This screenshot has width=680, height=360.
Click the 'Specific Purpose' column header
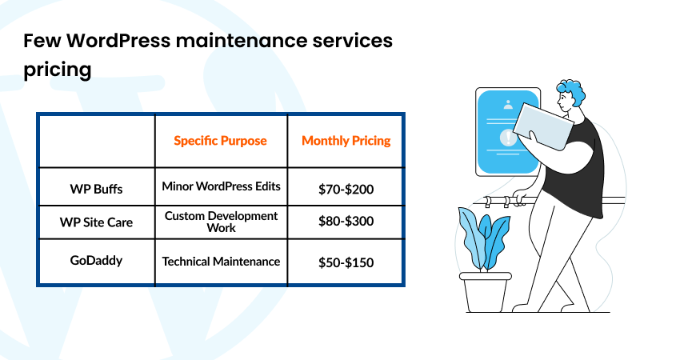coord(220,141)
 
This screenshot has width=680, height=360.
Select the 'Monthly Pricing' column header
coord(346,141)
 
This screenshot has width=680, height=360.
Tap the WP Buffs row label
coord(96,189)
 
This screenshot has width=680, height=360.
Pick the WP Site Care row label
coord(96,222)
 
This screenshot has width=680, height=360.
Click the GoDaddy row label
coord(96,260)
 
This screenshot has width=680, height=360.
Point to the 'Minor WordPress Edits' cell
coord(221,186)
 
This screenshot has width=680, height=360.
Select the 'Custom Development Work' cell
coord(221,222)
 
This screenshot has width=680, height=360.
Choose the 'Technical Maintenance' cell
coord(221,262)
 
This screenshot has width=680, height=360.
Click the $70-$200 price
coord(346,189)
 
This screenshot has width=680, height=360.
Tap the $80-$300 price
coord(346,222)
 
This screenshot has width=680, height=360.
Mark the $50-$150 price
coord(346,262)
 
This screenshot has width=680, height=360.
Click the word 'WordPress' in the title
coord(119,40)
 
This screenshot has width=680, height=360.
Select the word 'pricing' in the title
coord(58,70)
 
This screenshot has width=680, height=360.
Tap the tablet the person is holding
coord(543,126)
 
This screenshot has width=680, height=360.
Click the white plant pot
coord(486,292)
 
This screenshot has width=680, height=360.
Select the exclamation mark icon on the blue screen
coord(508,138)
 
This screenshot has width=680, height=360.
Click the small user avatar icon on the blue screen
coord(508,105)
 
